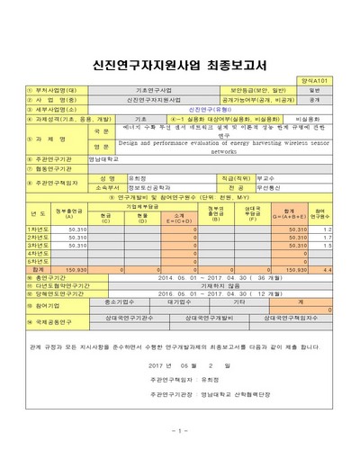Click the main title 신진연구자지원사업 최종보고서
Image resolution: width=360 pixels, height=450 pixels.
click(180, 65)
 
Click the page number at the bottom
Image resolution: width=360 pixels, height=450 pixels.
click(180, 430)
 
